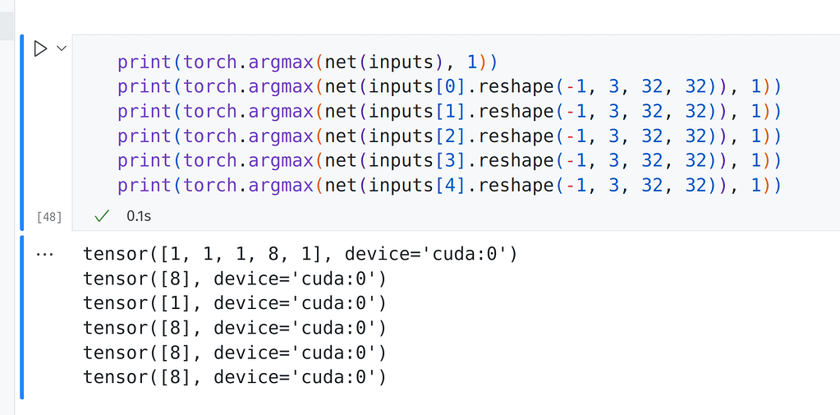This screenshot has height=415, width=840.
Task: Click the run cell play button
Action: coord(40,49)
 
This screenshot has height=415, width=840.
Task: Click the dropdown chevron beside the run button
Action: coord(62,49)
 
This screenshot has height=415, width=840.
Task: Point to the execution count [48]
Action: coord(49,217)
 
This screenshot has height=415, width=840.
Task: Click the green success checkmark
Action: coord(102,216)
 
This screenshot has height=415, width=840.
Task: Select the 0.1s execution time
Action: coord(139,217)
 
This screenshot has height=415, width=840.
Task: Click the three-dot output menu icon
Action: coord(45,255)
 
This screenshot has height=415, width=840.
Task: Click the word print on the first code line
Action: coord(145,62)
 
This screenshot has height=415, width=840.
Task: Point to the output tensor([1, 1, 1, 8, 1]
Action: coord(206,254)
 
